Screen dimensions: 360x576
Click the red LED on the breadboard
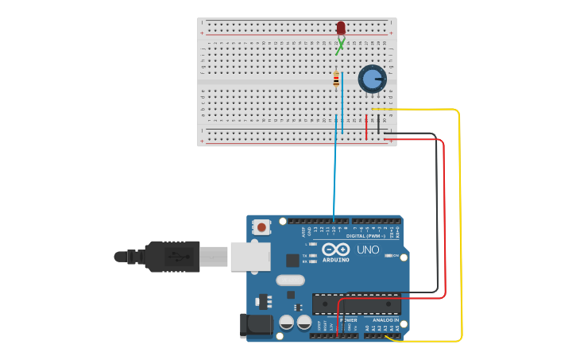[x=341, y=29]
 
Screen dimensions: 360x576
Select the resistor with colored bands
[x=336, y=79]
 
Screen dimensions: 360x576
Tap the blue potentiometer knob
[x=372, y=79]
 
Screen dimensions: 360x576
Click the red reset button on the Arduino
[x=262, y=227]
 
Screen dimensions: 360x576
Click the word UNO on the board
[x=368, y=250]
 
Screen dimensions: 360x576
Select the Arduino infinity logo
[x=335, y=249]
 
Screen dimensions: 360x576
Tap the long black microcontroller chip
[x=356, y=304]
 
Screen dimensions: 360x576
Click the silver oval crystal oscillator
[x=291, y=280]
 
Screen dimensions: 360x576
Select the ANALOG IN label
[x=386, y=319]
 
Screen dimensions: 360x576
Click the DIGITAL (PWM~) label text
[x=365, y=236]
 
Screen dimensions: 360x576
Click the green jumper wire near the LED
[x=340, y=47]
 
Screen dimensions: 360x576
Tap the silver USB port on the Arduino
[x=249, y=257]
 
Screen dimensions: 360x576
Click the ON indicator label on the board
[x=395, y=255]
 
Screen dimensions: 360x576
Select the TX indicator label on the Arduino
[x=305, y=255]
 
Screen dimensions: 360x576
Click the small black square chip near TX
[x=292, y=260]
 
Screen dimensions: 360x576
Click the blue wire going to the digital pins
[x=334, y=175]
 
